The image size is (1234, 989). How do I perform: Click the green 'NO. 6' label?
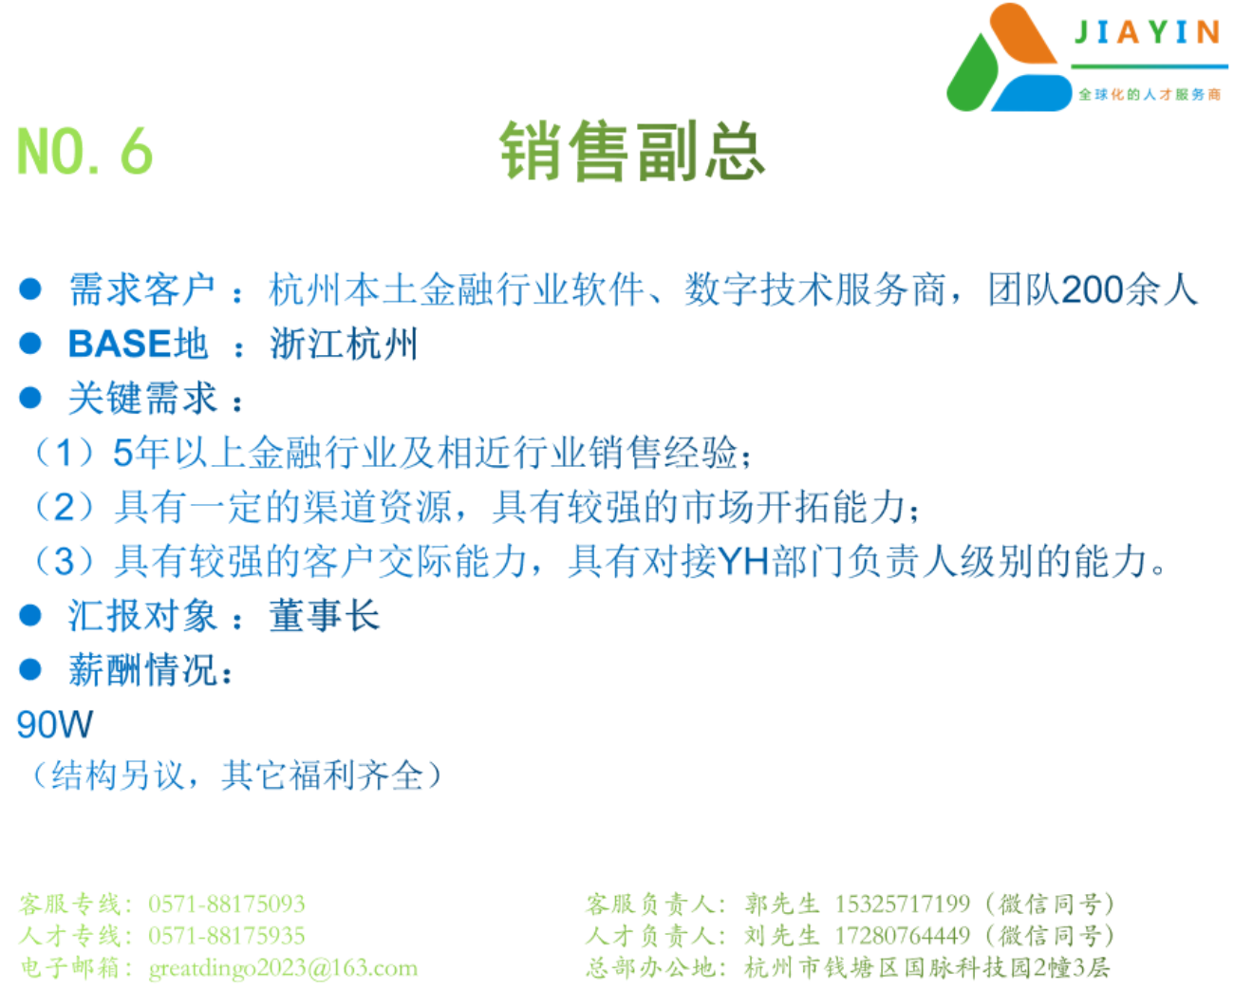click(84, 150)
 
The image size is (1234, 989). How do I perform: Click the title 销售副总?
click(632, 151)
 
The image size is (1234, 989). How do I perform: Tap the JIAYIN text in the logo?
click(1148, 32)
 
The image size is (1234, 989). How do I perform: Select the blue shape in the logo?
click(1032, 93)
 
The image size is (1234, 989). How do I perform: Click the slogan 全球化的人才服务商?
click(1150, 95)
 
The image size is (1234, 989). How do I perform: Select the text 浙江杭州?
click(344, 344)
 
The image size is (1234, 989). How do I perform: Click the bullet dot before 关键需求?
click(30, 398)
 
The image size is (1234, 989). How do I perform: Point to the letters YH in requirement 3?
click(743, 562)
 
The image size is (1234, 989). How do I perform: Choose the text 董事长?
click(325, 616)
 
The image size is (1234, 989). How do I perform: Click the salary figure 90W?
click(54, 725)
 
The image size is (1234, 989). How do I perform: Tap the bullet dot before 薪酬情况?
click(30, 669)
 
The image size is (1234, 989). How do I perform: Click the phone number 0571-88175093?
click(227, 905)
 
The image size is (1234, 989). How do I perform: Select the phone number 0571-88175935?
click(227, 936)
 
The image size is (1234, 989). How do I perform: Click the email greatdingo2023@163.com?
click(283, 969)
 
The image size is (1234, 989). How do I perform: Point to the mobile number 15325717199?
click(903, 905)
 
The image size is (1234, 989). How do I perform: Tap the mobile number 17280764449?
click(903, 936)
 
